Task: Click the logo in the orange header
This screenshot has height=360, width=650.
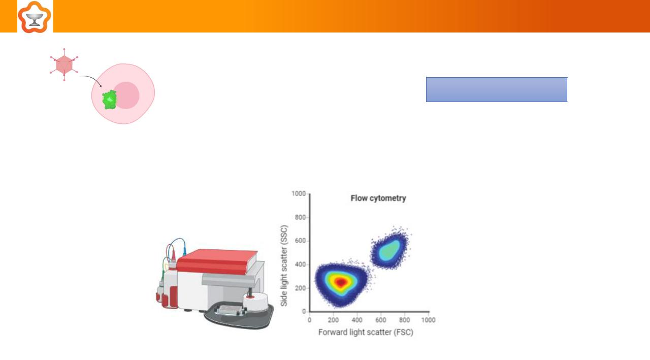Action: (x=35, y=17)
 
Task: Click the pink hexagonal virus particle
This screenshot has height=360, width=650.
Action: (x=64, y=64)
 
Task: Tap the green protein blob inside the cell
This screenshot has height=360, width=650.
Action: (x=110, y=100)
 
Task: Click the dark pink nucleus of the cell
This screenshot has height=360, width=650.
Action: (x=126, y=95)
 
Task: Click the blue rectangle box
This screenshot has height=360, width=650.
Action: (x=497, y=89)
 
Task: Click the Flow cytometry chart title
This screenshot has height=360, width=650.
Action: (x=378, y=198)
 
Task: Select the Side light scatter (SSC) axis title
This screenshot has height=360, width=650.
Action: (x=284, y=266)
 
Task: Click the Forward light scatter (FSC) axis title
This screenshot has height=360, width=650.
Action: (x=366, y=332)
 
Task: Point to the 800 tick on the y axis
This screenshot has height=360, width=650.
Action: (x=300, y=217)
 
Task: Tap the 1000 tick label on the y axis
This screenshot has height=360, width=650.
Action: (x=299, y=193)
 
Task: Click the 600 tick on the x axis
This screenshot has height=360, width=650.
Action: (x=380, y=320)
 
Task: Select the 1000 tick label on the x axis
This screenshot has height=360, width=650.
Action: (x=428, y=320)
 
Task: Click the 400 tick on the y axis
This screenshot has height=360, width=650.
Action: (x=300, y=265)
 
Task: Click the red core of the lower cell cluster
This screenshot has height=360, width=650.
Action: (x=341, y=282)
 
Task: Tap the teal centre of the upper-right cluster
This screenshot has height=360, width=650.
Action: (x=389, y=250)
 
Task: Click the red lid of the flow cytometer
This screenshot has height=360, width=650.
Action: (x=217, y=261)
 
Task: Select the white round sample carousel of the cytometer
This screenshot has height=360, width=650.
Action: (x=255, y=302)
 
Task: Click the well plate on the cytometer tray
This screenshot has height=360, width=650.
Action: (x=229, y=310)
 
